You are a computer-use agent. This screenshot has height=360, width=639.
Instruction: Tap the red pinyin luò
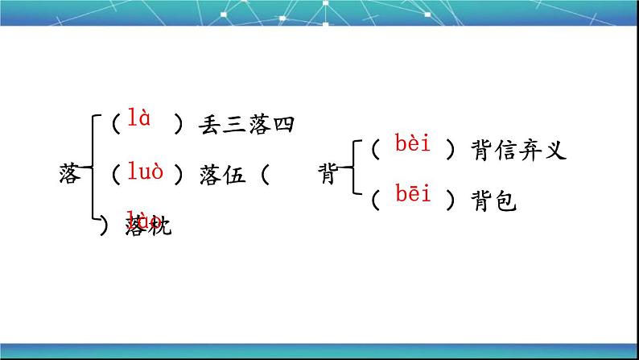[x=145, y=172]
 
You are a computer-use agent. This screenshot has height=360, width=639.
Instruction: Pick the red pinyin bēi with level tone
[x=414, y=193]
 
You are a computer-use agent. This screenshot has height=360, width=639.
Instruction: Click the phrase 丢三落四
[x=246, y=124]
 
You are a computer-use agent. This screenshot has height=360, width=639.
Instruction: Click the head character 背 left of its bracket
[x=328, y=174]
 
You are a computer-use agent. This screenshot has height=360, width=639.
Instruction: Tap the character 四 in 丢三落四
[x=285, y=124]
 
